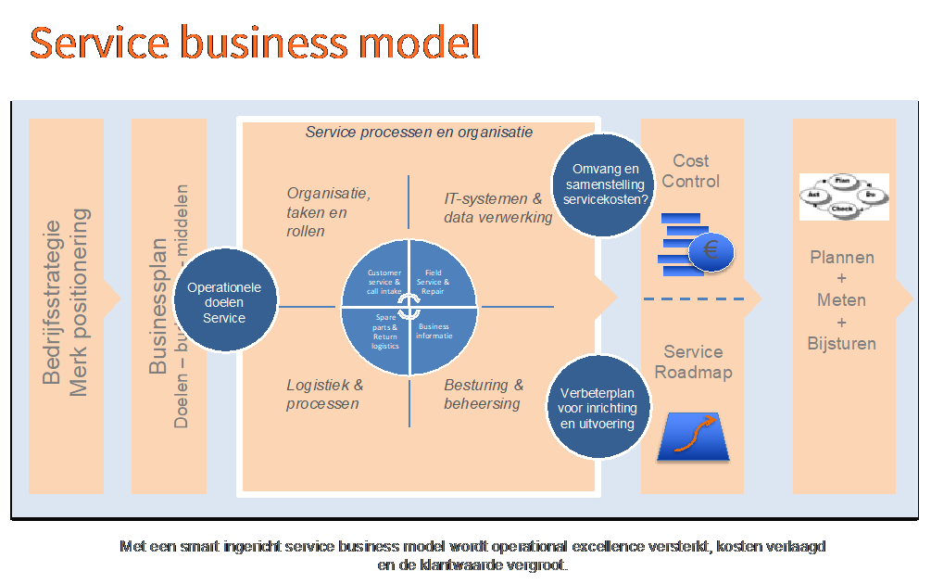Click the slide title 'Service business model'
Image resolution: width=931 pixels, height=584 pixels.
click(256, 44)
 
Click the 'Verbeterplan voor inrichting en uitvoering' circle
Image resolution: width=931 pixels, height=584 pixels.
click(598, 408)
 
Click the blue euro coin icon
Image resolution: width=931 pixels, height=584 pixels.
click(711, 249)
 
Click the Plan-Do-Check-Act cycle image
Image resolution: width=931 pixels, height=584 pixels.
click(843, 196)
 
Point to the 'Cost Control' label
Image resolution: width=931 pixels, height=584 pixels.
click(691, 171)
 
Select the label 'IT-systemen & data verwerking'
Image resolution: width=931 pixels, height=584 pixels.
click(497, 208)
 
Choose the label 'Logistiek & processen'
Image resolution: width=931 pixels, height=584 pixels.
click(324, 394)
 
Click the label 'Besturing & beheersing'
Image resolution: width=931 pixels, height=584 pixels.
click(484, 394)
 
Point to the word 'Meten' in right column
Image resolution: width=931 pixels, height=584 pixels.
click(841, 300)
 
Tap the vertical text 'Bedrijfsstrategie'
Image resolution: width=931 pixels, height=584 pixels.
click(54, 301)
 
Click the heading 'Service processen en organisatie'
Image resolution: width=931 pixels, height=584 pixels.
click(419, 132)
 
